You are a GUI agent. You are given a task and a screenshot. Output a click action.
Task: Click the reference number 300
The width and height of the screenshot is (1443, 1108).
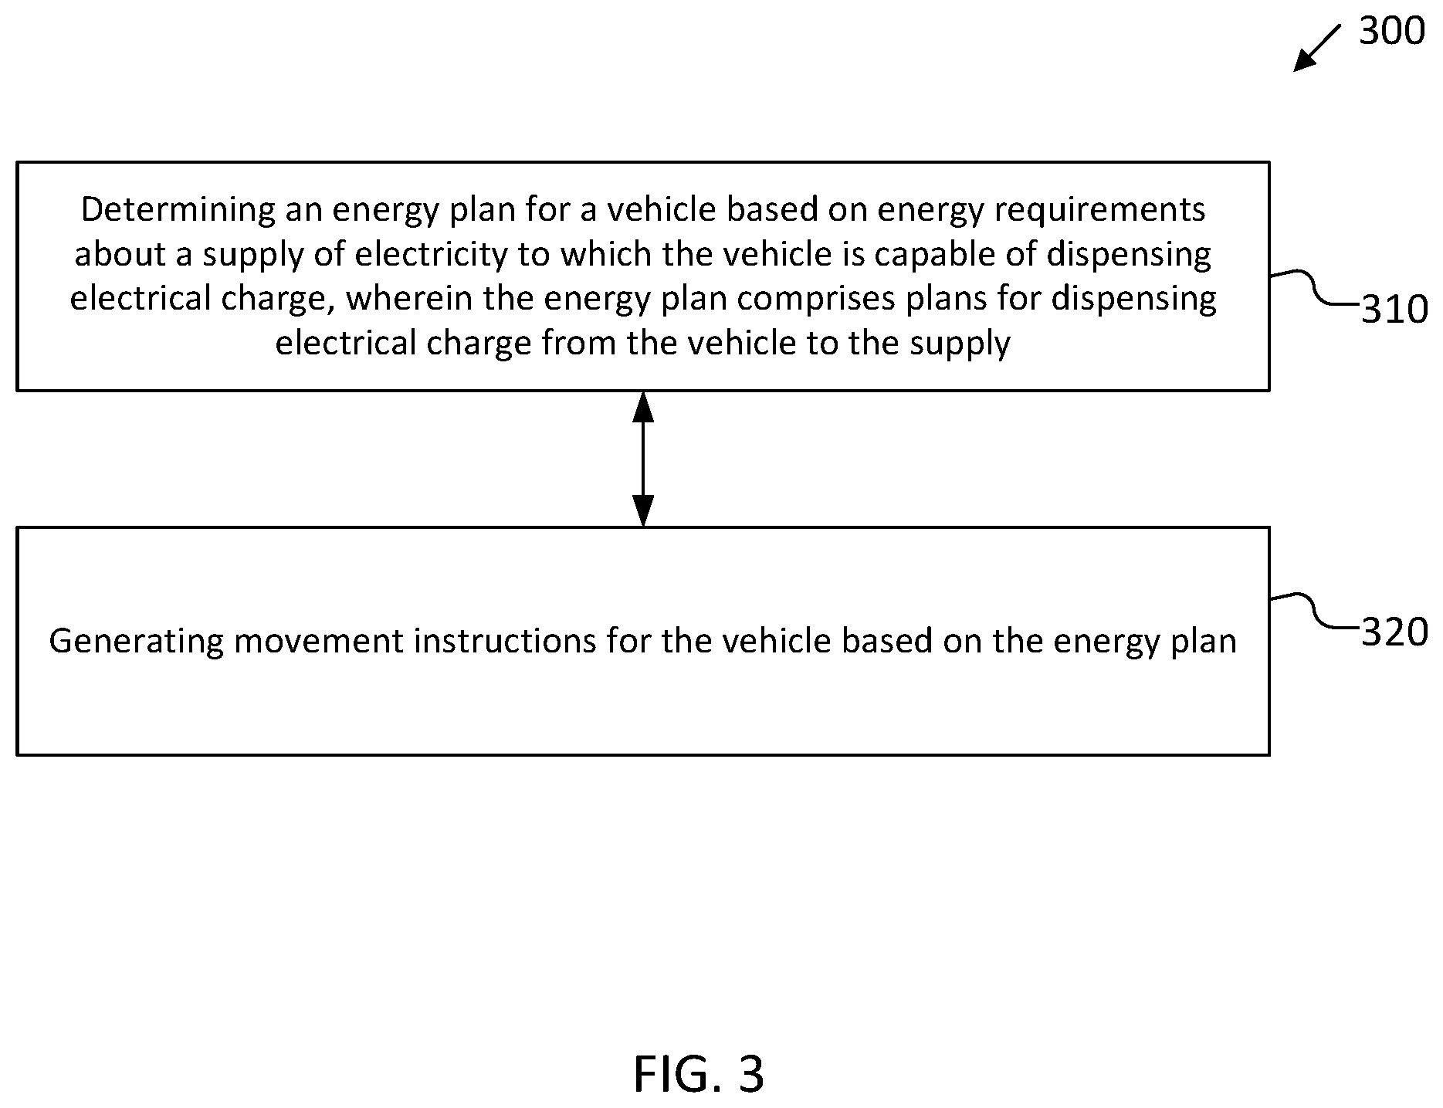(x=1391, y=32)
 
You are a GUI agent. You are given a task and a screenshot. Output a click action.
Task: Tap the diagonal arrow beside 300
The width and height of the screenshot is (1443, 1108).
(x=1317, y=48)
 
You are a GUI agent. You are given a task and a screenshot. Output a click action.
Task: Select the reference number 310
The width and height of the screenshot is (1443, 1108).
(x=1394, y=310)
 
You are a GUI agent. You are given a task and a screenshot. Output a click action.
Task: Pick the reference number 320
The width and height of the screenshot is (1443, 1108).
(x=1394, y=632)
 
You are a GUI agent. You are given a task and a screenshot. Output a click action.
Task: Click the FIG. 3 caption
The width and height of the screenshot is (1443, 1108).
(x=699, y=1074)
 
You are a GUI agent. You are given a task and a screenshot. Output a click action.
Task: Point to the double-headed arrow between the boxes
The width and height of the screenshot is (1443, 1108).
(x=642, y=459)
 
